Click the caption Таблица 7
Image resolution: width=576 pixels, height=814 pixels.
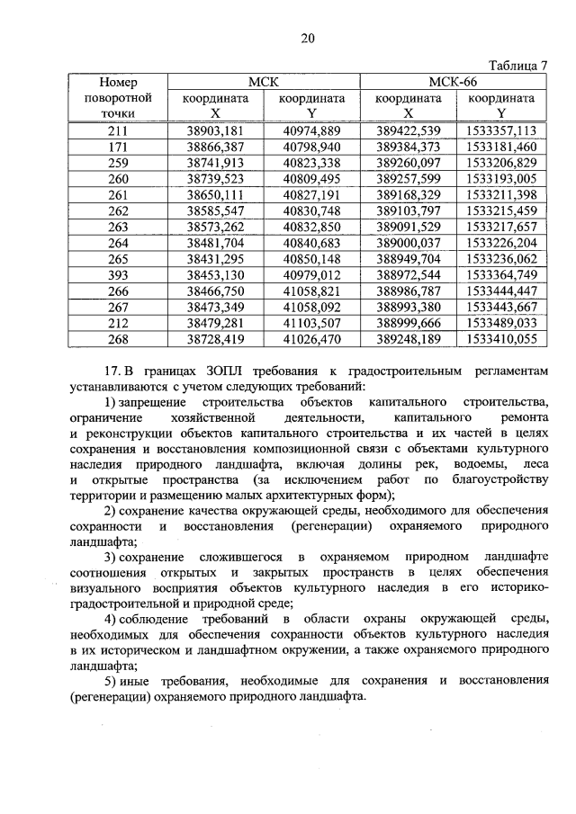[517, 66]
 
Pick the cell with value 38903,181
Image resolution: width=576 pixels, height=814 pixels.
[214, 130]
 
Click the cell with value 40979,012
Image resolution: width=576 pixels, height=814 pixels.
[311, 273]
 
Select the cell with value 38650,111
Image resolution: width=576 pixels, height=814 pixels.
[214, 192]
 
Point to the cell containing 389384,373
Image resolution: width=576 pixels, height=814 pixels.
[408, 146]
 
